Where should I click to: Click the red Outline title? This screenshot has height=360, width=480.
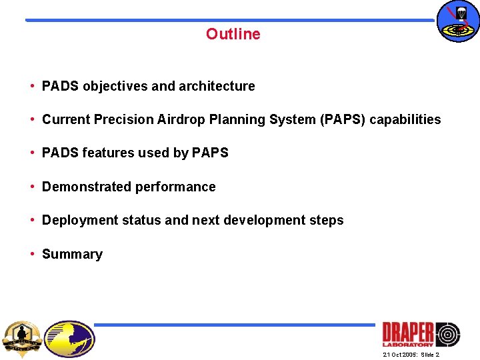233,34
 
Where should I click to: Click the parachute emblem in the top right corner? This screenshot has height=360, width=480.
457,21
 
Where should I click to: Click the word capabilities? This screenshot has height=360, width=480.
405,119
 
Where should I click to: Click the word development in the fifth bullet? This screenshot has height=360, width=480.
267,220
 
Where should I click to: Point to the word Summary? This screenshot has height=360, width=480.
72,254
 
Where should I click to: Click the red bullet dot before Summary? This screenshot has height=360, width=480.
32,254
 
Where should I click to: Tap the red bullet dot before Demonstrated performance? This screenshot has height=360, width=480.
32,187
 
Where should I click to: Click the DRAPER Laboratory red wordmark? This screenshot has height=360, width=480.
407,333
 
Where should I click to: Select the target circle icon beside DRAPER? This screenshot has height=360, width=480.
447,334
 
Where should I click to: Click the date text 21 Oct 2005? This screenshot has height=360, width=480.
400,355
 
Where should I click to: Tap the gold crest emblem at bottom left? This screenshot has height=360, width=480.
22,338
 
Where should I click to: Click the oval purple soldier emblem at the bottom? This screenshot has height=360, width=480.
70,339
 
